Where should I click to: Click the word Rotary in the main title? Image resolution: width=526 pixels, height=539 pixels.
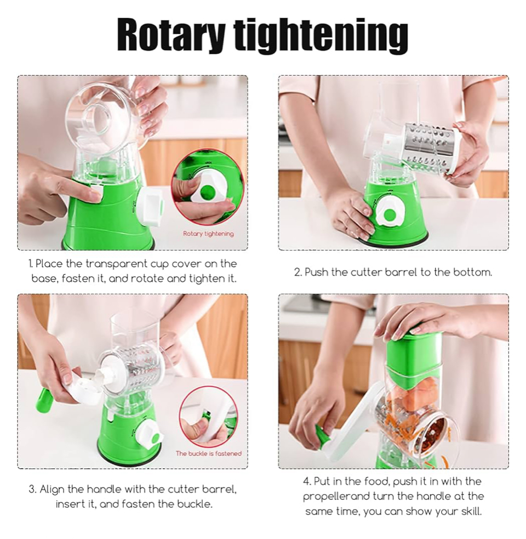(171, 36)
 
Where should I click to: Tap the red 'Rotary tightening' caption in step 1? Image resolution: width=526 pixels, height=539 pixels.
(208, 234)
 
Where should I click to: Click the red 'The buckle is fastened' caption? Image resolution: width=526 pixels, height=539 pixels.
(209, 454)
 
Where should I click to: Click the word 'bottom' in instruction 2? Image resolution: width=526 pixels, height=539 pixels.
(472, 273)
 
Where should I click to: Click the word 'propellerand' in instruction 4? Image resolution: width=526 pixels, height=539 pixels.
(337, 497)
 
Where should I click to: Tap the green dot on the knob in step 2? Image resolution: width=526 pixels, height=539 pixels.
(389, 215)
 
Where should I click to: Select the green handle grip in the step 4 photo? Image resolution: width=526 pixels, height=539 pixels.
(323, 436)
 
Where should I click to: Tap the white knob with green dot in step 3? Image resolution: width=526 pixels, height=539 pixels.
(150, 434)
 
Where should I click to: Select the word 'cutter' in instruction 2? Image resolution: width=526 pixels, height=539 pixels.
(366, 273)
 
